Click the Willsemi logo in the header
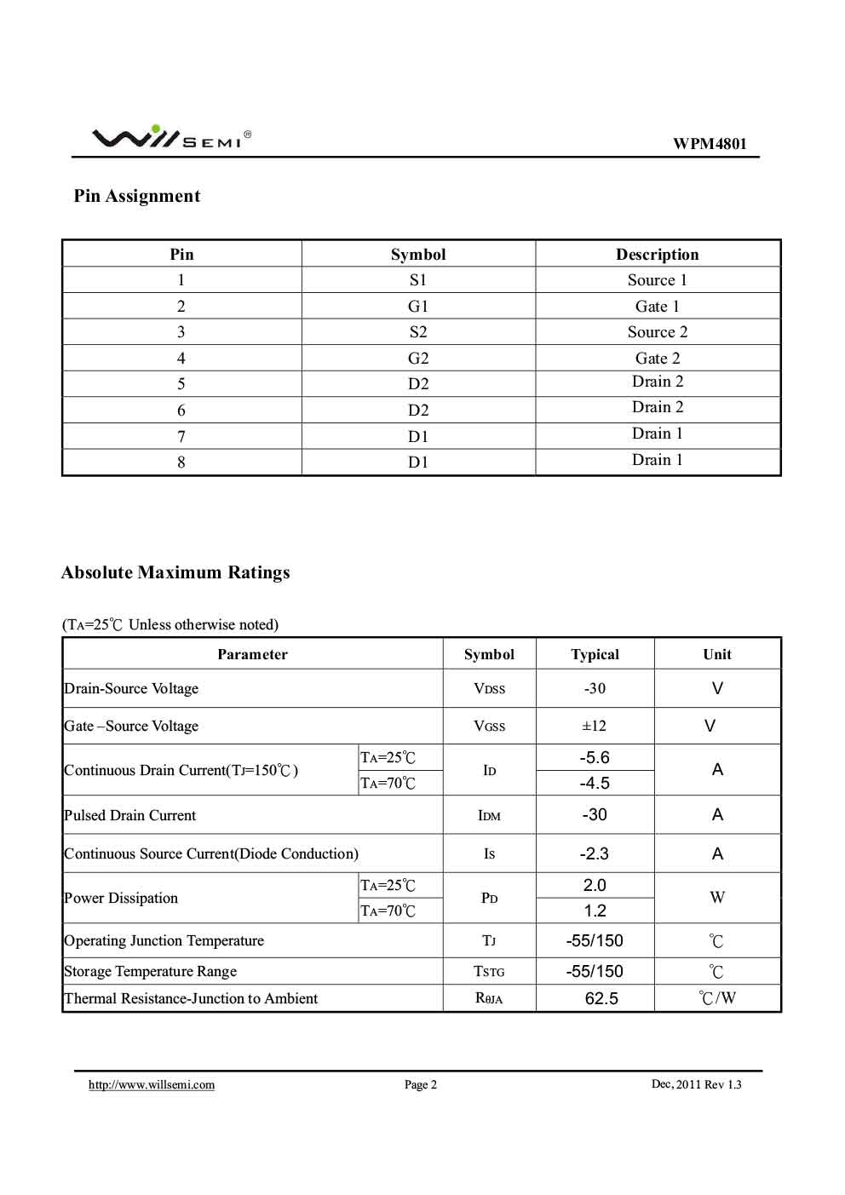tap(170, 137)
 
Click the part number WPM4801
tap(709, 143)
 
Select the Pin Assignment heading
tap(137, 196)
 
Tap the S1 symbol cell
tap(418, 280)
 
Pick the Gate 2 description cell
tap(658, 359)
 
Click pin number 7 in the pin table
tap(181, 437)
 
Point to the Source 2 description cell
tap(658, 332)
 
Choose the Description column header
tap(657, 255)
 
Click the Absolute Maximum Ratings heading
tap(175, 572)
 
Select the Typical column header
tap(595, 654)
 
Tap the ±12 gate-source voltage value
tap(594, 726)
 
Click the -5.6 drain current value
tap(595, 757)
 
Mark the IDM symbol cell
tap(489, 815)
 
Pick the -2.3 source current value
tap(595, 853)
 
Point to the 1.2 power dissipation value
tap(595, 911)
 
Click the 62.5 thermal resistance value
tap(601, 998)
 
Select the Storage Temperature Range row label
tap(151, 971)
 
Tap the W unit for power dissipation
tap(717, 898)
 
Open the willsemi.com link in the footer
tap(152, 1084)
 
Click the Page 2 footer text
tap(421, 1084)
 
